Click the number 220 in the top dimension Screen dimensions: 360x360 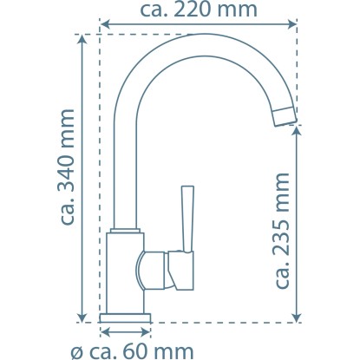pyautogui.click(x=193, y=10)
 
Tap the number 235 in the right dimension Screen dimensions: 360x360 pyautogui.click(x=282, y=238)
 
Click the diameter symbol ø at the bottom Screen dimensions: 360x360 pyautogui.click(x=76, y=353)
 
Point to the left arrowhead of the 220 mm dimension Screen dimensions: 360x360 pyautogui.click(x=105, y=24)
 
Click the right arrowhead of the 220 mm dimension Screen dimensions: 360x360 pyautogui.click(x=291, y=24)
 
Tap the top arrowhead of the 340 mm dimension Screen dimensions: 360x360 pyautogui.click(x=82, y=39)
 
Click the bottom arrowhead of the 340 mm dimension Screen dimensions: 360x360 pyautogui.click(x=82, y=317)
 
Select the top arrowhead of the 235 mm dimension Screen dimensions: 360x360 pyautogui.click(x=297, y=131)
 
